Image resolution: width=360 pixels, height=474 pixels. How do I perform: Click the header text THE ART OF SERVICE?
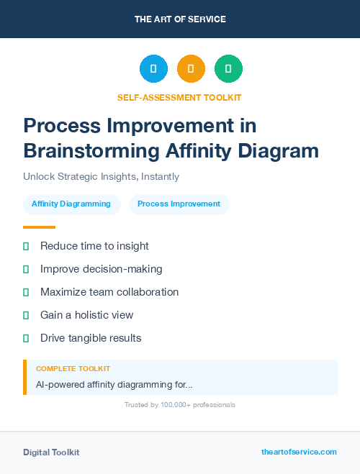180,19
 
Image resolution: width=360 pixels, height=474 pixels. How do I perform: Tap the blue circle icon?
153,69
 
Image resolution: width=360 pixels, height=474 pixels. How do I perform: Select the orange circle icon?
191,69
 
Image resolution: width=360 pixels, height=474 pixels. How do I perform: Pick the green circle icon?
228,69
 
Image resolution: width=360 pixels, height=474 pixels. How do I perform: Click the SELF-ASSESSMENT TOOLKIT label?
180,97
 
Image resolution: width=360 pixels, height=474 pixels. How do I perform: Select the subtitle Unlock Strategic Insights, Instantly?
101,176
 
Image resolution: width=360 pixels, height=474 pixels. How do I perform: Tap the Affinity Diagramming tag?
71,204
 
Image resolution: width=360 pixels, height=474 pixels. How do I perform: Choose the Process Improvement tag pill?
179,204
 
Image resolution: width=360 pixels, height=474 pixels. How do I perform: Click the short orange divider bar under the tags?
39,227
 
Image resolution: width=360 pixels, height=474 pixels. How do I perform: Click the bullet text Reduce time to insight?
94,246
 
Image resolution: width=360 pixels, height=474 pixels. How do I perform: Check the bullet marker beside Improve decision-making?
26,269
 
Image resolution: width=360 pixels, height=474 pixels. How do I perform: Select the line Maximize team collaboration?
109,292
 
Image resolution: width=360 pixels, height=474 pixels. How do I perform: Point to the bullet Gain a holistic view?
86,315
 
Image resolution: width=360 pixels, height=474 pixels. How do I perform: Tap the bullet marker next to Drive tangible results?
26,338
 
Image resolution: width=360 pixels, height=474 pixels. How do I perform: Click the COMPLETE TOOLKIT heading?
73,369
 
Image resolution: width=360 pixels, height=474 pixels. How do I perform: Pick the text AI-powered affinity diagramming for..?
114,384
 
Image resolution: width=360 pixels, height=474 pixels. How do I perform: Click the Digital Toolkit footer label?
51,452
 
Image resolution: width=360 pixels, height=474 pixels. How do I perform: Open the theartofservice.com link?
299,452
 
